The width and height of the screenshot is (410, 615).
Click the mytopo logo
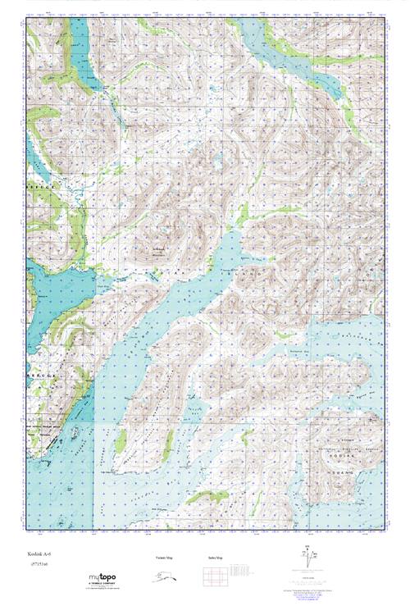click(x=102, y=579)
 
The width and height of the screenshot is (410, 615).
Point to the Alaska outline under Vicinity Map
click(x=165, y=576)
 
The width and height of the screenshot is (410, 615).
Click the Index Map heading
click(x=216, y=558)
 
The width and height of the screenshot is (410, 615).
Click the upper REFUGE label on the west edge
click(x=39, y=188)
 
